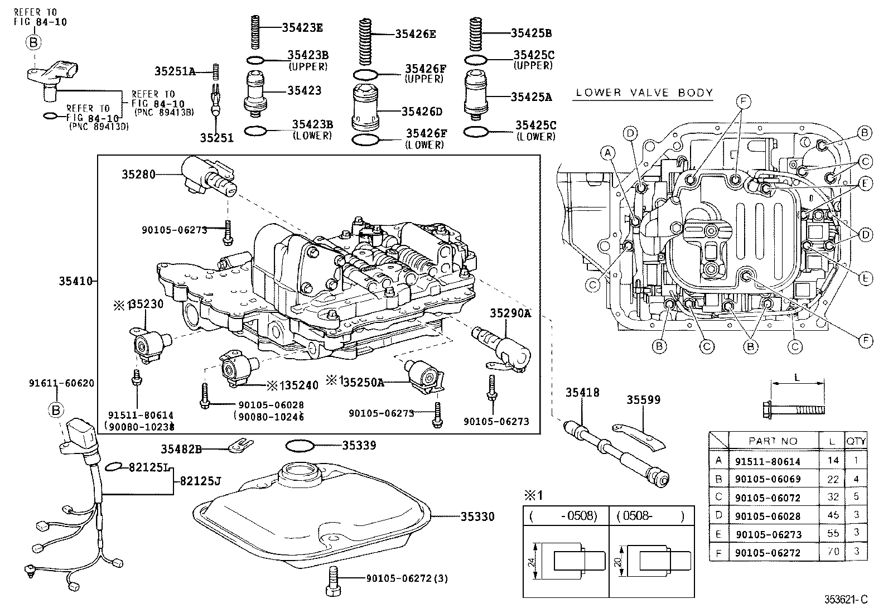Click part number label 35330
click(477, 517)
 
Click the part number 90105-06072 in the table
click(768, 497)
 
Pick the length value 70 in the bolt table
click(832, 552)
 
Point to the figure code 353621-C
click(846, 600)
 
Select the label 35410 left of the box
click(75, 281)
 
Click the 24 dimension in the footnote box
click(533, 561)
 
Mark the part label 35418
click(582, 393)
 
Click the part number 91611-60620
click(61, 383)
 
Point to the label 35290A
click(510, 313)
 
